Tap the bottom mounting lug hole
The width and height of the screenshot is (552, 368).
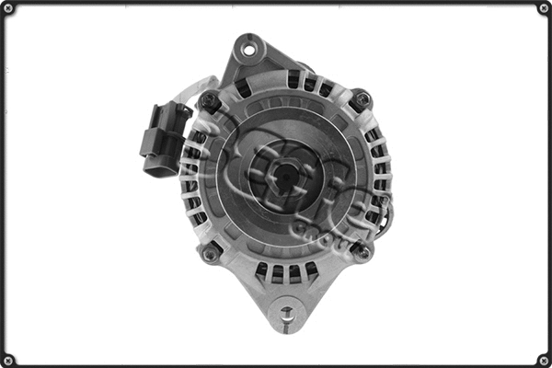pos(287,313)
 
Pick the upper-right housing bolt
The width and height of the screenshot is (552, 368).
pos(361,98)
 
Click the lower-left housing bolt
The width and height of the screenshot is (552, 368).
pos(212,250)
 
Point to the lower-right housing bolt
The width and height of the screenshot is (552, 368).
pos(362,250)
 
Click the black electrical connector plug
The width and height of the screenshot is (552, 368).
pos(161,138)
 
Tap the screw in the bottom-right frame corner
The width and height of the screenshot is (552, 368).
pos(544,360)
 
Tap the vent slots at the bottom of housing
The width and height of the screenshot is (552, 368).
pos(285,271)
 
